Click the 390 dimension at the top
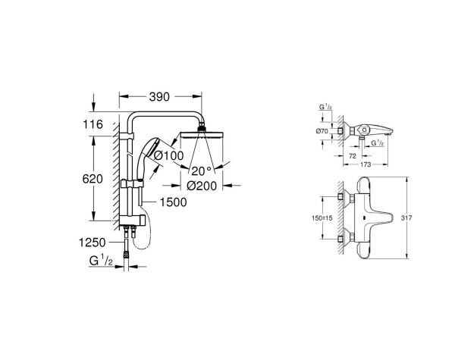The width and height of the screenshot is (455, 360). coord(159,97)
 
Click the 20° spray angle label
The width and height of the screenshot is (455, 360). coord(201,169)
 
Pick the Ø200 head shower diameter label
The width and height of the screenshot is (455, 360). coord(201,184)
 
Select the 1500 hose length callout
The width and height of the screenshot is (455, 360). coord(174,202)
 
